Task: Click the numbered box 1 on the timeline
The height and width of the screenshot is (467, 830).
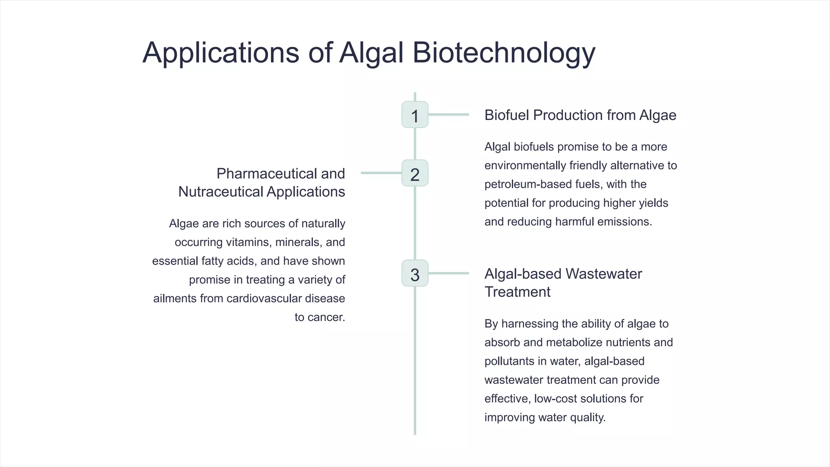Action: (415, 115)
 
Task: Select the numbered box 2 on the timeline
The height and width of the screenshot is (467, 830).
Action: (415, 173)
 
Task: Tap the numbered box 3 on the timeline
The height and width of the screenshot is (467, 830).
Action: (415, 273)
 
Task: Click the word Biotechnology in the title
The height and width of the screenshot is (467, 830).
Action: (504, 53)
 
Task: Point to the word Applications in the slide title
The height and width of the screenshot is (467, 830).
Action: (220, 53)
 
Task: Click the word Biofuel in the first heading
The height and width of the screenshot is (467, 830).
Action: (507, 115)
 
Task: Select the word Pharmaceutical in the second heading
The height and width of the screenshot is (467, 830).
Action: (267, 174)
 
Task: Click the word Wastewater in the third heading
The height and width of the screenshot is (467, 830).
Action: (603, 274)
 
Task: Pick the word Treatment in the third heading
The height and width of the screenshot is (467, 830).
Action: (517, 292)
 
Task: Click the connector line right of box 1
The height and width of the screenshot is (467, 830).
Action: (449, 115)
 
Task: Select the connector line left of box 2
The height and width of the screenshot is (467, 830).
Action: (381, 173)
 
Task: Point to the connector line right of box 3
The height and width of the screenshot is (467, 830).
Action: (449, 273)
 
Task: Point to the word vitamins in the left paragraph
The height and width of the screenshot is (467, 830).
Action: (248, 242)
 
